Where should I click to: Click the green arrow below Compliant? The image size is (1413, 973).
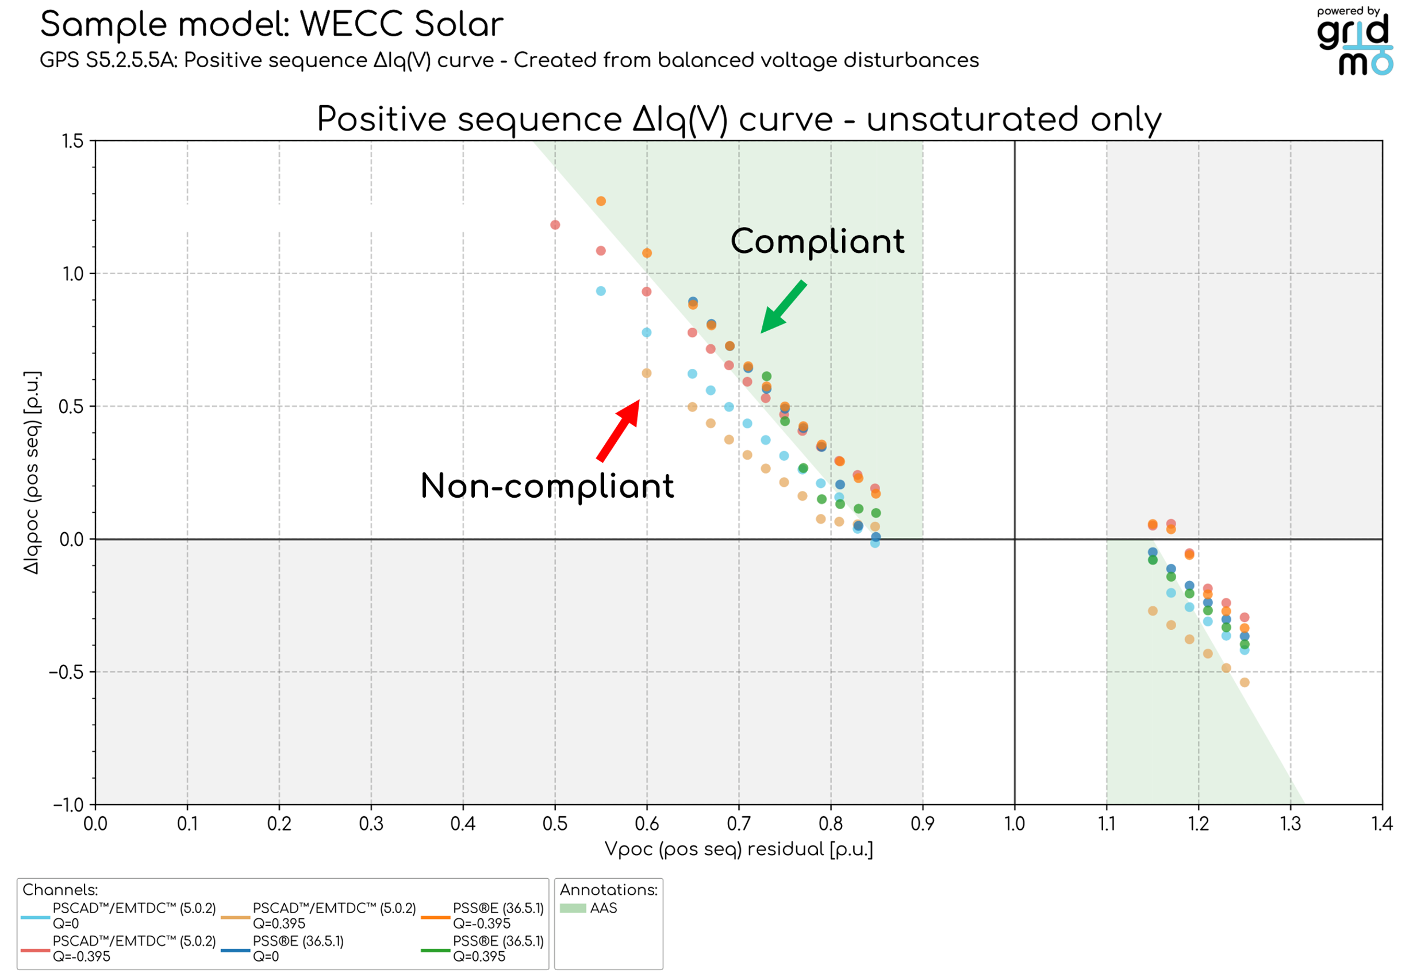[784, 307]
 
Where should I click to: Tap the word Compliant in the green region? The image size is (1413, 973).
[817, 241]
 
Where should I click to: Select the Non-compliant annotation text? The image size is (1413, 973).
[547, 486]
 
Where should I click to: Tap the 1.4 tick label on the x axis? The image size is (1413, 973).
[1382, 824]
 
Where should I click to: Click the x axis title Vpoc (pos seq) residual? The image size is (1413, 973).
[739, 849]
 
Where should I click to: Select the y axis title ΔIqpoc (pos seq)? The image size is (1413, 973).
[32, 472]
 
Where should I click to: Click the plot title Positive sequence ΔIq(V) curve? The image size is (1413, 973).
[739, 119]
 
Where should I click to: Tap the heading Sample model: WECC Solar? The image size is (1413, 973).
[272, 24]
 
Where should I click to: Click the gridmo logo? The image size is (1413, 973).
[1355, 41]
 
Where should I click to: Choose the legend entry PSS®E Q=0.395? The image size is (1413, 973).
[482, 949]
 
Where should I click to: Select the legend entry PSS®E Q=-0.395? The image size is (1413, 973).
[482, 916]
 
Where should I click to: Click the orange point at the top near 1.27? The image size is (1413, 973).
[601, 201]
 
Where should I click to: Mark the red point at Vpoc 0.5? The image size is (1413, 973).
[555, 225]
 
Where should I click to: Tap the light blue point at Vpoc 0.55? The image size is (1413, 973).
[601, 291]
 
